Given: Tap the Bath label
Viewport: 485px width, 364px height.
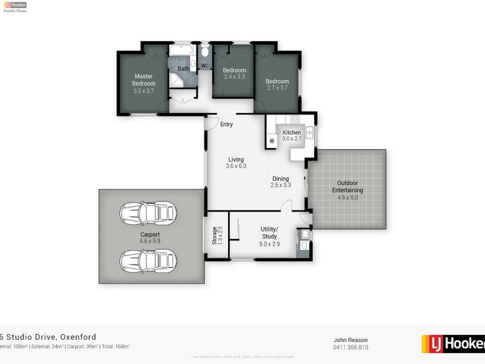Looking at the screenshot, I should click(x=183, y=69).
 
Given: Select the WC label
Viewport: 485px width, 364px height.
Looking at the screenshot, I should click(x=204, y=66).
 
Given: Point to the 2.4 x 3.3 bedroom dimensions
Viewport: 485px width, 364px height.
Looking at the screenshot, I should click(x=234, y=77).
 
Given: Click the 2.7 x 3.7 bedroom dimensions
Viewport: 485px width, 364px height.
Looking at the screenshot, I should click(x=277, y=88).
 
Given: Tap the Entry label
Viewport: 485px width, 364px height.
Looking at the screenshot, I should click(x=226, y=124).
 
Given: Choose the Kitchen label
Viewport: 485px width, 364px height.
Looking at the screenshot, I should click(x=292, y=132).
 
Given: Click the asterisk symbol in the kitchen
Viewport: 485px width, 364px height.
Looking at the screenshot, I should click(x=272, y=141).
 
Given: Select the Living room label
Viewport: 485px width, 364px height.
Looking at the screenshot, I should click(x=236, y=160).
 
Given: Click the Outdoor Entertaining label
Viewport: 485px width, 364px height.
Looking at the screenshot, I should click(x=348, y=186).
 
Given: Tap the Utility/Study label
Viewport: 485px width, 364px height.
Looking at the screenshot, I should click(x=269, y=232).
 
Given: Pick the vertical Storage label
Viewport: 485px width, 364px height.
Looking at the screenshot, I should click(x=214, y=235).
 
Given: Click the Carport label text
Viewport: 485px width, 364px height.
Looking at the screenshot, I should click(x=150, y=234).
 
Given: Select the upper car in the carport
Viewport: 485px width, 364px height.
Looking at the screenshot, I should click(x=149, y=212).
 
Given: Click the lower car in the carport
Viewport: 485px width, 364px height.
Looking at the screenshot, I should click(x=149, y=263).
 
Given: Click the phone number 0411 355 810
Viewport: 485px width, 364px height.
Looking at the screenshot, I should click(x=350, y=347).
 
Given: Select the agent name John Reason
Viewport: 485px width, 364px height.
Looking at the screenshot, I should click(x=350, y=340).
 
